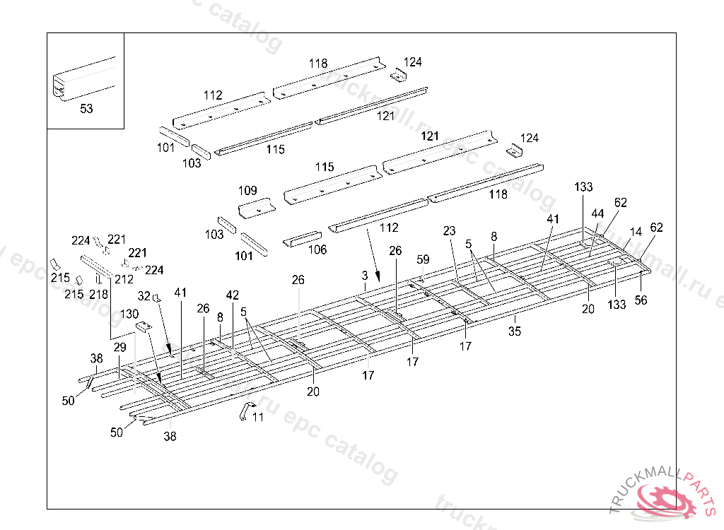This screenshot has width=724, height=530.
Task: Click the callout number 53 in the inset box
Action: click(x=86, y=109)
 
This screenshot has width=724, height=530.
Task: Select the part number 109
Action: click(x=247, y=191)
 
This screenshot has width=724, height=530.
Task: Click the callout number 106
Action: click(x=317, y=249)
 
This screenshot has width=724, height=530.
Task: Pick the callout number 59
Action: click(x=423, y=260)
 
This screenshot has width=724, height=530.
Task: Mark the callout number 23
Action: click(x=450, y=231)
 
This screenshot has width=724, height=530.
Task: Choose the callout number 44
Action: click(x=598, y=213)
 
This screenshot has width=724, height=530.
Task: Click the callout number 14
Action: click(x=636, y=232)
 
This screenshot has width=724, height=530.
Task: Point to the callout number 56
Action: click(x=641, y=300)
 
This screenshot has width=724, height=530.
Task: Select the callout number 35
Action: click(x=515, y=331)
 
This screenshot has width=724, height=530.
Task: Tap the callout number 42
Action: click(x=233, y=294)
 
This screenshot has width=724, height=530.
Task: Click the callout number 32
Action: click(x=144, y=296)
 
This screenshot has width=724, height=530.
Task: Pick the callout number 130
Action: click(x=129, y=314)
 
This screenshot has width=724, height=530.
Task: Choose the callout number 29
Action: click(x=119, y=348)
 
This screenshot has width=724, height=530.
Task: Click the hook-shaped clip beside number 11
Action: click(x=246, y=411)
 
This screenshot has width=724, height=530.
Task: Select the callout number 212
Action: click(x=124, y=279)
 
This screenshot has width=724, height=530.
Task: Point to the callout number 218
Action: click(x=99, y=293)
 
